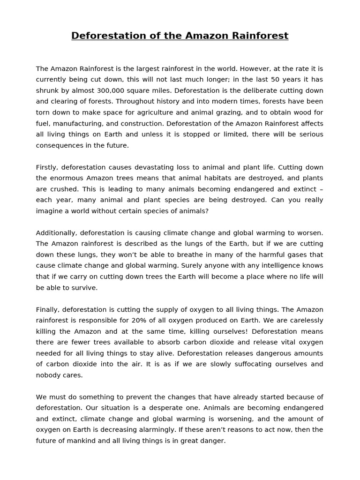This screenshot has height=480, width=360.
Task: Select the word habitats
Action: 224,178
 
